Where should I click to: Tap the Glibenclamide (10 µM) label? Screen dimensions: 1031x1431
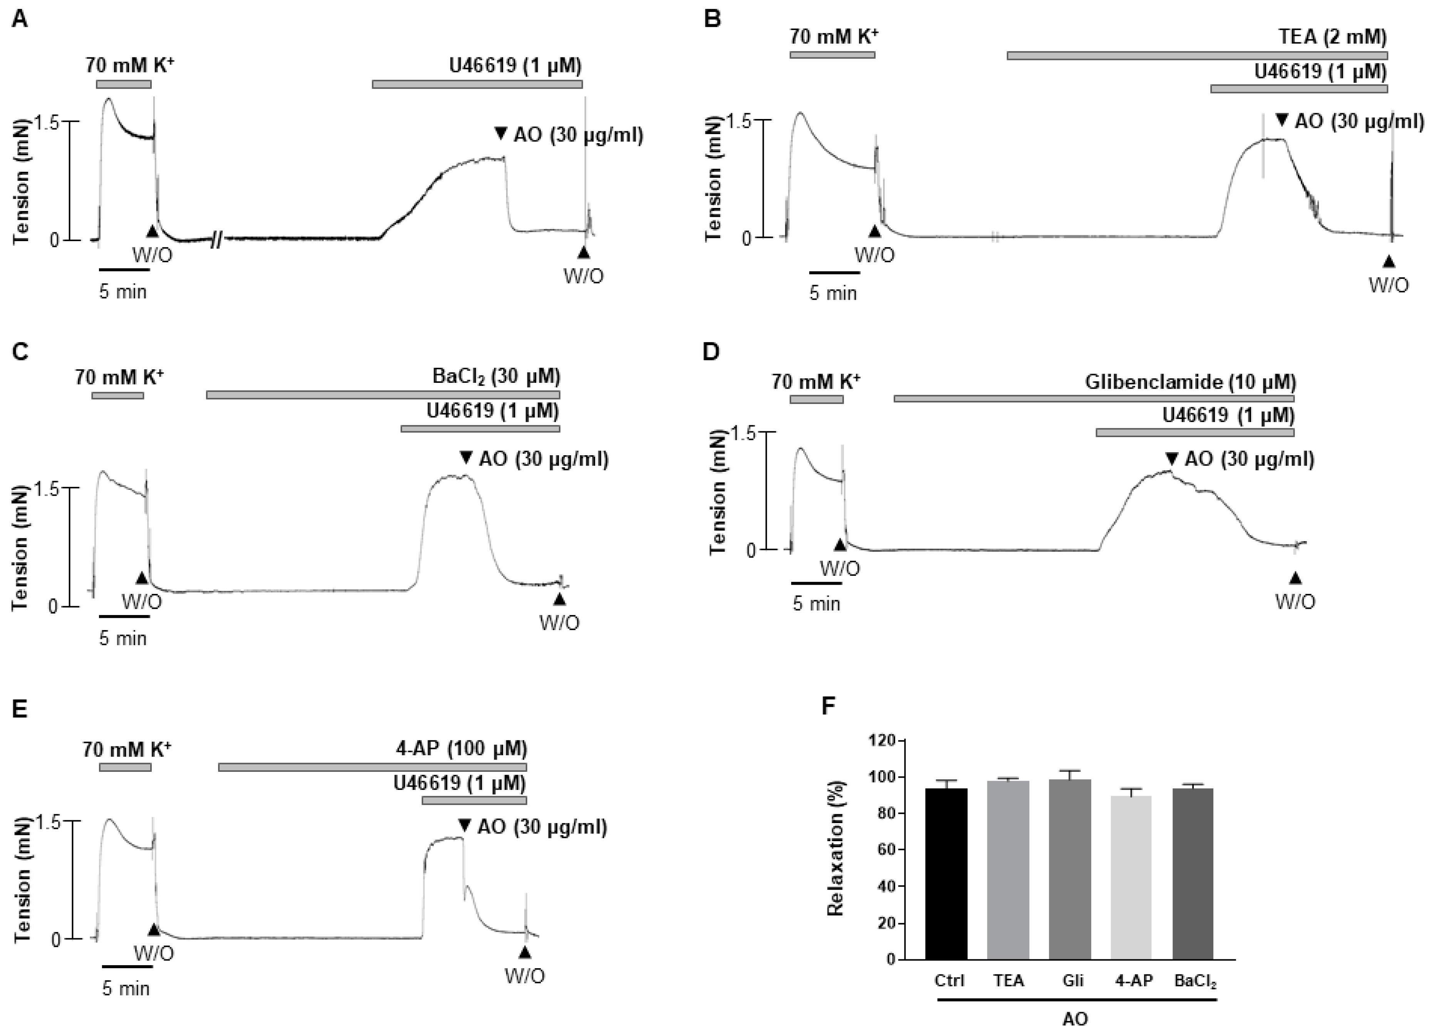1190,382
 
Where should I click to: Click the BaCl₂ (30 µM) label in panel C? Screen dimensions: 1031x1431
496,377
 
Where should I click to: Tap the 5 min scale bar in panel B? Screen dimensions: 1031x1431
834,273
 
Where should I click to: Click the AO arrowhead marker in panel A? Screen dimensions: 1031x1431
501,134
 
